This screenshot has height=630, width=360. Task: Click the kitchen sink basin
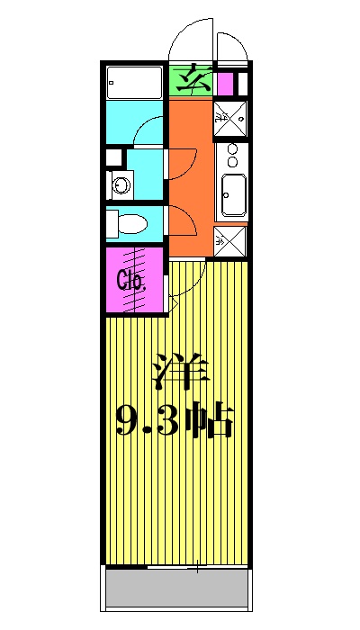(233, 194)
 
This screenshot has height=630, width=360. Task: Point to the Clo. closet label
(131, 279)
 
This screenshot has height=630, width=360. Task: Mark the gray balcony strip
(177, 591)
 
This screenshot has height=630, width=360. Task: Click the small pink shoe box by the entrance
(225, 85)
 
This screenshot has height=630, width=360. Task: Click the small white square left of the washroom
(112, 157)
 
